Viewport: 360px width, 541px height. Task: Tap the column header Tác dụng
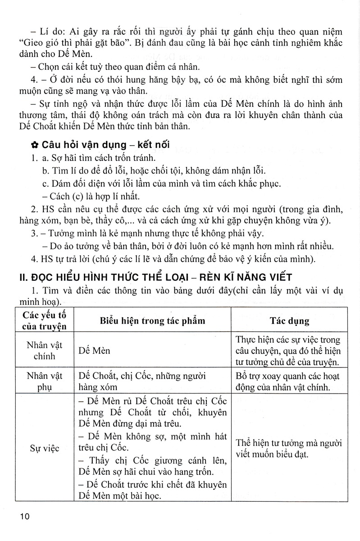(289, 321)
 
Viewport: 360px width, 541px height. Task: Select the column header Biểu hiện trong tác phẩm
(153, 321)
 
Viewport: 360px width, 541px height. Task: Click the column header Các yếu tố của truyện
(44, 321)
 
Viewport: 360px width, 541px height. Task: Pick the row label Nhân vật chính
(44, 350)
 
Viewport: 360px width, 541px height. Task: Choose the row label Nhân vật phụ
(44, 381)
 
